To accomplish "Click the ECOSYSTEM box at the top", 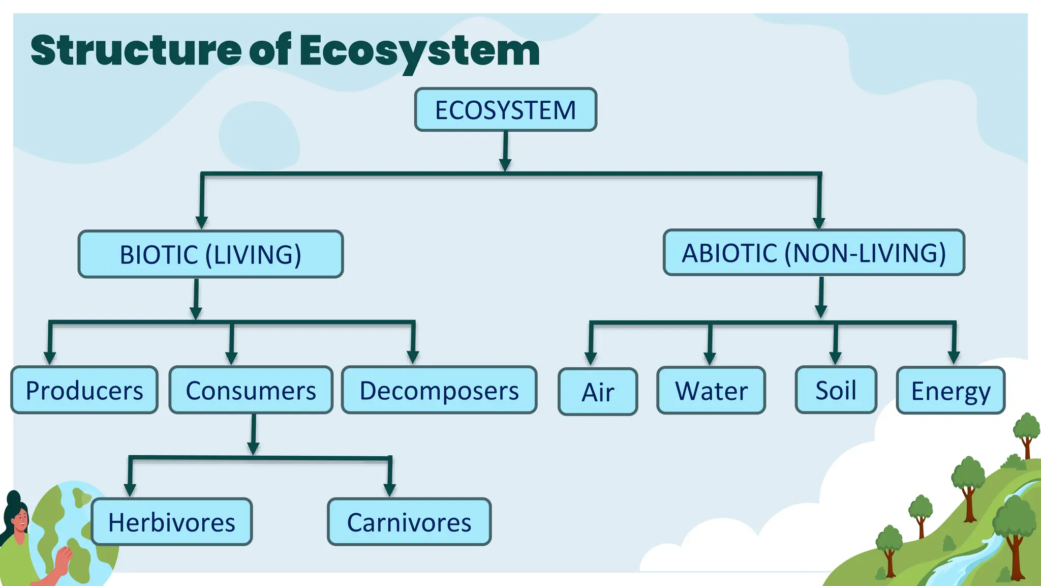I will [505, 110].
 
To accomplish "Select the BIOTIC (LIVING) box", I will [210, 254].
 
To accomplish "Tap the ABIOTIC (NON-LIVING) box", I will [814, 253].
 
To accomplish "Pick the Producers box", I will [84, 390].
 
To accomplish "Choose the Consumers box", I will [251, 390].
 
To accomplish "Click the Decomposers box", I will [439, 390].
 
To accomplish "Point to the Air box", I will [598, 392].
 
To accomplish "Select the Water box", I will [711, 391].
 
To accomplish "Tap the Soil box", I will [836, 390].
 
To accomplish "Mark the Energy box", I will [951, 391].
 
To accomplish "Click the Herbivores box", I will [172, 522].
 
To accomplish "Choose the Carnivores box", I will [409, 522].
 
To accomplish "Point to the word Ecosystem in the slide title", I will [419, 51].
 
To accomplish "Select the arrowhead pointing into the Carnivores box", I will [390, 489].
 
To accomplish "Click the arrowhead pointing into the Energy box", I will [954, 358].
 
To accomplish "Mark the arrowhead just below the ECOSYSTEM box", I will [505, 165].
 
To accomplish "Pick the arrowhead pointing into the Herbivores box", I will [130, 489].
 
